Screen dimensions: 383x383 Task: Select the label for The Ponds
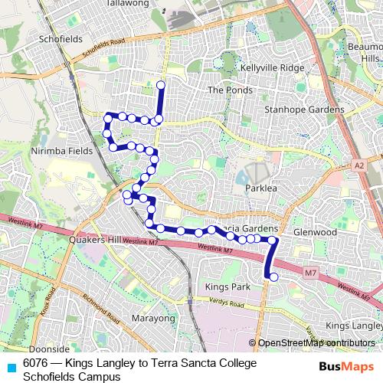pos(225,90)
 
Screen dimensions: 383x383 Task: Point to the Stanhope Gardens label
pos(304,110)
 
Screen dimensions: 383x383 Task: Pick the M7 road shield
pos(309,272)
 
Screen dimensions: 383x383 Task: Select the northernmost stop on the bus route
pos(161,85)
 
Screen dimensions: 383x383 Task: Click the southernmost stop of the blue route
pos(273,277)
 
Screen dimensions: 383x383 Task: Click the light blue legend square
pos(11,368)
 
